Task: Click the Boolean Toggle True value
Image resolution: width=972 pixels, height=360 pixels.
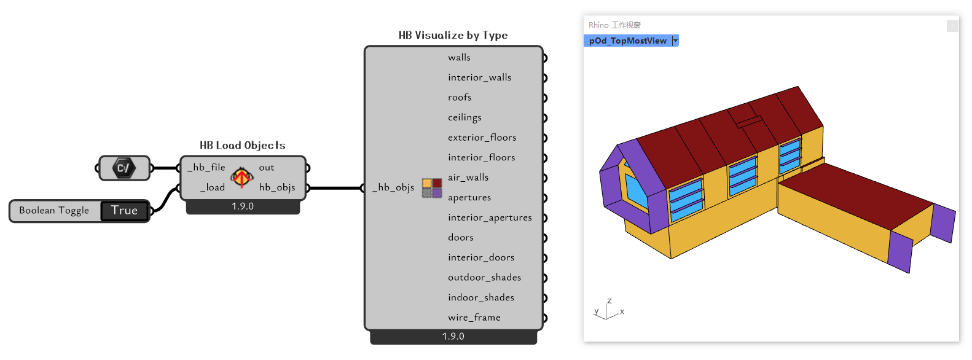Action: tap(124, 211)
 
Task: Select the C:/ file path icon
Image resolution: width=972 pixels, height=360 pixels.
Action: tap(124, 168)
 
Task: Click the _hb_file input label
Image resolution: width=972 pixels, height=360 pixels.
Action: tap(206, 168)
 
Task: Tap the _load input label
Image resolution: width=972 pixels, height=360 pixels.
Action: tap(213, 187)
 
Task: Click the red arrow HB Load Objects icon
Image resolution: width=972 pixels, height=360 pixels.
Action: tap(241, 178)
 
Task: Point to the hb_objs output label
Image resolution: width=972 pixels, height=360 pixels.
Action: tap(277, 187)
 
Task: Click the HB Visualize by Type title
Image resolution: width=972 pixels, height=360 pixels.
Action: tap(453, 35)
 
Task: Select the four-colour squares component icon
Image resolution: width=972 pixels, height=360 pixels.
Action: tap(432, 188)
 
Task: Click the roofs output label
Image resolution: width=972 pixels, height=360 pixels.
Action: tap(460, 97)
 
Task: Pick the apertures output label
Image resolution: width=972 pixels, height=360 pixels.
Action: tap(469, 198)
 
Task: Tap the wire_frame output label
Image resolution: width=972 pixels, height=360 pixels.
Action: tap(474, 318)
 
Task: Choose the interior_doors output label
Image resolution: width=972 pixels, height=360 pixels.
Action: tap(481, 257)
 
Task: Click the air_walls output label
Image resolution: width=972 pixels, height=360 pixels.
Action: tap(468, 178)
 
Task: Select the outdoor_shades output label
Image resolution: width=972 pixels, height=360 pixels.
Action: tap(485, 278)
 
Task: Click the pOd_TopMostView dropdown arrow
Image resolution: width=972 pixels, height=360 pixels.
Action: tap(675, 41)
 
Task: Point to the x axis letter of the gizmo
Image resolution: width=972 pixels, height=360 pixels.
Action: tap(622, 311)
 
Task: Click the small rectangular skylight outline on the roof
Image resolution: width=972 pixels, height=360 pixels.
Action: tap(750, 122)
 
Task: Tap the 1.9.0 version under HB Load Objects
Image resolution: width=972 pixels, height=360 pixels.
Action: tap(243, 206)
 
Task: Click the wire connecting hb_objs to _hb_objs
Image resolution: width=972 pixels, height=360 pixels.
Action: tap(335, 188)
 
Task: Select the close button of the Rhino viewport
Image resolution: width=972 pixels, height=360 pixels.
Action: tap(952, 26)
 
